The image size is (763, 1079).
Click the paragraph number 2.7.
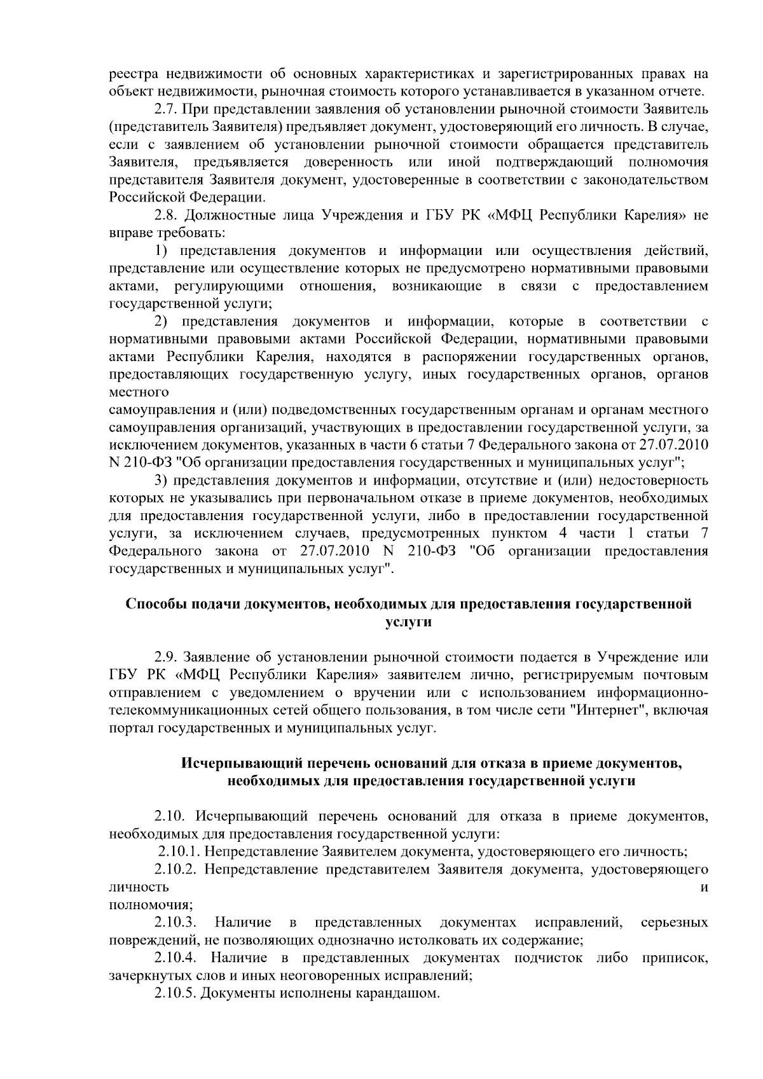(167, 109)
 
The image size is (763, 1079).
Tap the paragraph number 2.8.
(167, 216)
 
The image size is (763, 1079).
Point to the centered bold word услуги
(408, 622)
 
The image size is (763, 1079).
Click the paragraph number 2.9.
(167, 657)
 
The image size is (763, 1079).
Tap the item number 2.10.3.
(175, 922)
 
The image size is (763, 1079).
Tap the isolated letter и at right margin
(704, 888)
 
